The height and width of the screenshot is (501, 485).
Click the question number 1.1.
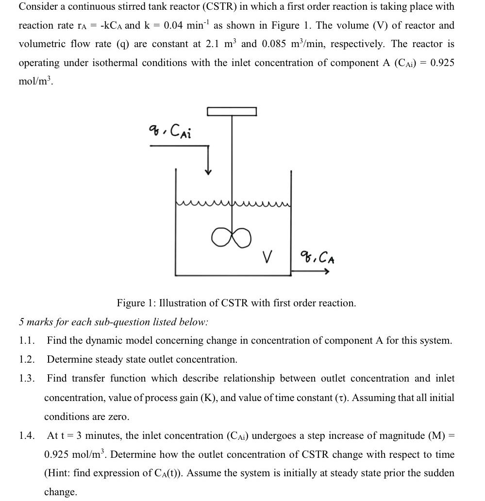pyautogui.click(x=27, y=341)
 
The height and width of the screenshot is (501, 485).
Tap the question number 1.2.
pyautogui.click(x=27, y=360)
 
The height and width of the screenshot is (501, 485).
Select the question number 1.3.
pyautogui.click(x=27, y=379)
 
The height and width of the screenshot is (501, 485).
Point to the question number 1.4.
pyautogui.click(x=27, y=435)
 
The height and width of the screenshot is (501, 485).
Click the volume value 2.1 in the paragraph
pyautogui.click(x=214, y=44)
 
